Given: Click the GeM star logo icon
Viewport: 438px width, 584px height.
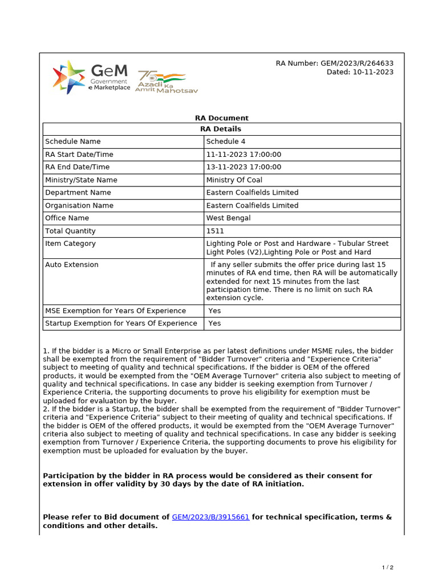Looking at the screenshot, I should click(x=68, y=76).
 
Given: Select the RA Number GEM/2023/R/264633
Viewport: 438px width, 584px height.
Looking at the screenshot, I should click(x=334, y=63).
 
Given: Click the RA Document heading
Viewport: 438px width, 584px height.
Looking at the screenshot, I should click(x=221, y=118).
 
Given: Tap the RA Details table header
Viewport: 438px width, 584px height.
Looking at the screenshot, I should click(x=221, y=129).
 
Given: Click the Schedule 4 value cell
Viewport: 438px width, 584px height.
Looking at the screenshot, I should click(x=226, y=141).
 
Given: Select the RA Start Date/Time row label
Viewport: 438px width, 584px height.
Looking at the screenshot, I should click(x=79, y=155).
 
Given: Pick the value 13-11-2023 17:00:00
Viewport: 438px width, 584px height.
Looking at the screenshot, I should click(x=244, y=167).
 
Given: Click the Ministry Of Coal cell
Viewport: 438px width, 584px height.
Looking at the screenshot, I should click(x=234, y=180).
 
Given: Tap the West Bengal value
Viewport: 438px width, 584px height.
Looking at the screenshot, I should click(x=228, y=218).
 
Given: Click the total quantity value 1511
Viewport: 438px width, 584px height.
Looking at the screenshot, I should click(x=215, y=231).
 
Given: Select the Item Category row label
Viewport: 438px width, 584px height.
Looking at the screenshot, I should click(x=70, y=244).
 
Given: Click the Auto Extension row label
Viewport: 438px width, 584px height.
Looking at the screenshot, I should click(x=72, y=265).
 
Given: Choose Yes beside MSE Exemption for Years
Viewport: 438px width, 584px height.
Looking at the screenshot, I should click(x=214, y=311).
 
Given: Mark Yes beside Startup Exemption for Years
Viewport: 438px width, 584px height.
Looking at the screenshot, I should click(x=214, y=323).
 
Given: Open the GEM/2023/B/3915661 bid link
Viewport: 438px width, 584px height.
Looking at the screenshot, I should click(x=210, y=517).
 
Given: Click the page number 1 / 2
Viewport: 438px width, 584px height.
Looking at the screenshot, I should click(x=387, y=567).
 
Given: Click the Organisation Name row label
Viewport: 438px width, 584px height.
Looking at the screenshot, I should click(x=79, y=205).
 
